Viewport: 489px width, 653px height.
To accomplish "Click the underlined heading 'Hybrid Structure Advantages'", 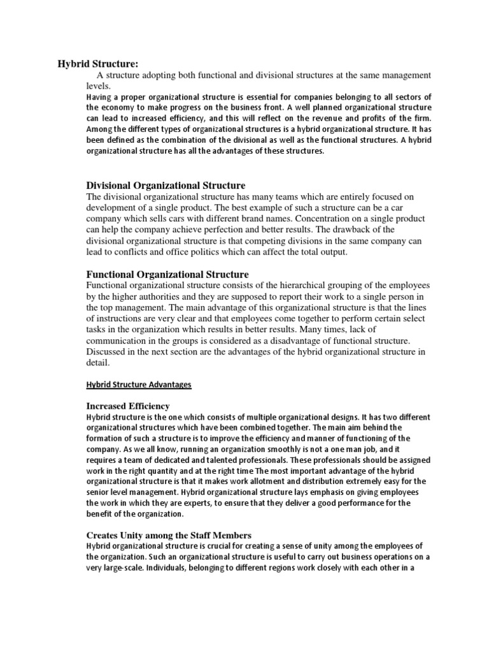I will pyautogui.click(x=138, y=385).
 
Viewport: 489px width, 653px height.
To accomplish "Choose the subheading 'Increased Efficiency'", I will pyautogui.click(x=128, y=406).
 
